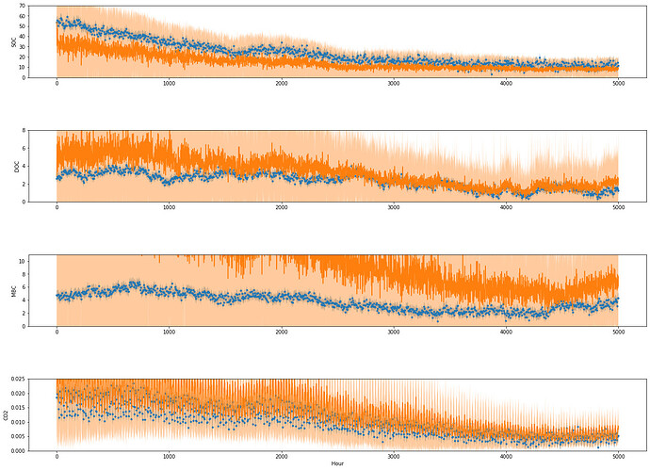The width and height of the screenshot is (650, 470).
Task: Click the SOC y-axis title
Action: (x=13, y=41)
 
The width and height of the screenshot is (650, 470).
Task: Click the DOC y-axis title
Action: (x=15, y=166)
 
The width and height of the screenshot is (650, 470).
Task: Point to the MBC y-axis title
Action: (x=15, y=290)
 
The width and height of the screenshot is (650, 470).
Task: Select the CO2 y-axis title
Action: (x=7, y=414)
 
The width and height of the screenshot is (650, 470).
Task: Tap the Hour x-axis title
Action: (x=336, y=464)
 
